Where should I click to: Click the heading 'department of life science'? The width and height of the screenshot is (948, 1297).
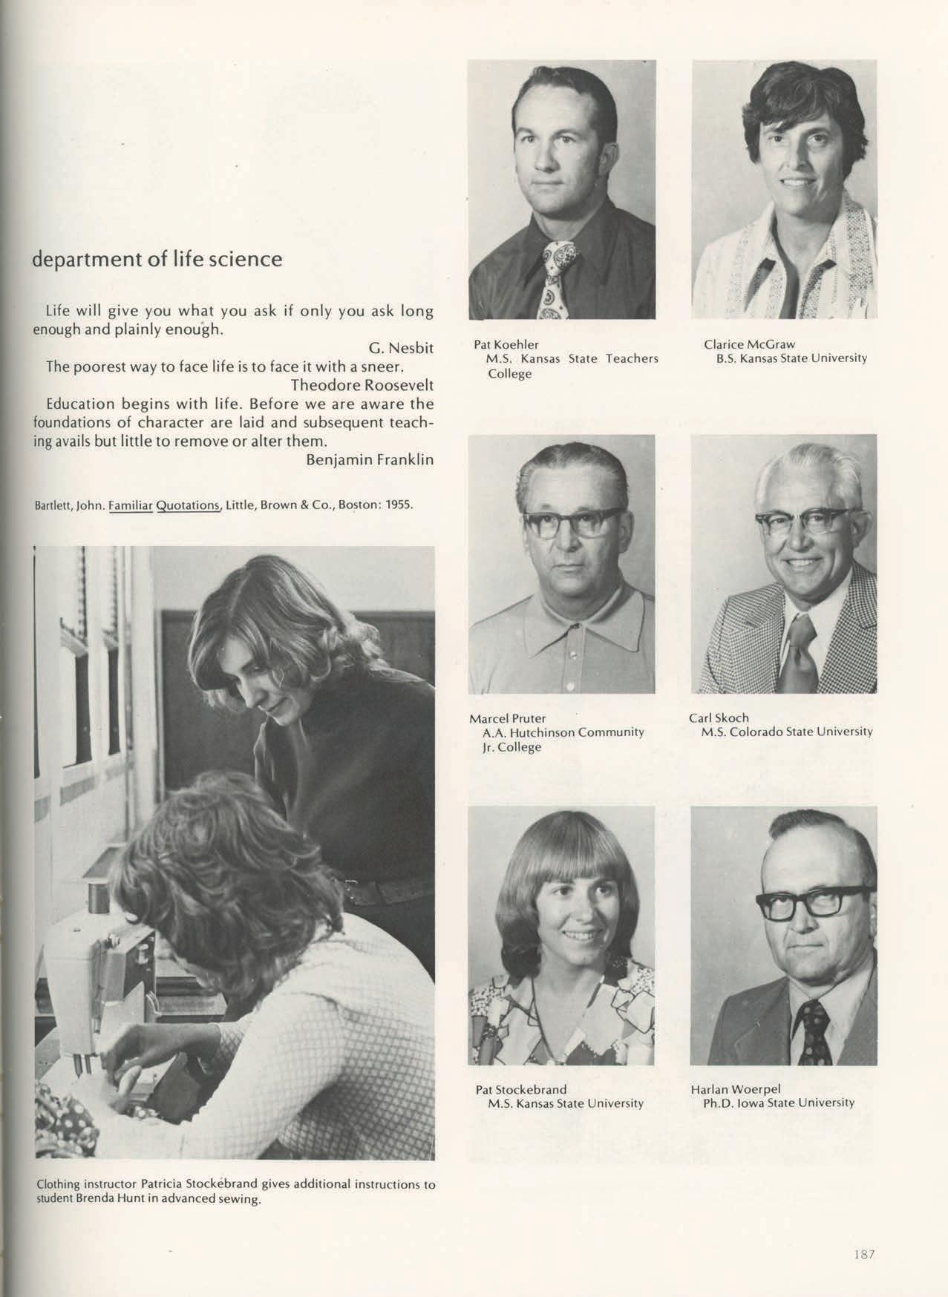pyautogui.click(x=157, y=260)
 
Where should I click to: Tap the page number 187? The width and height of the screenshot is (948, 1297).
pyautogui.click(x=864, y=1254)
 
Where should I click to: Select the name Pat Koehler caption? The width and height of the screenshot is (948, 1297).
pyautogui.click(x=506, y=344)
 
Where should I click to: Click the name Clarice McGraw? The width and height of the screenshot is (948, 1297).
pyautogui.click(x=749, y=344)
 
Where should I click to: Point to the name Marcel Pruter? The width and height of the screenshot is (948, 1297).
pyautogui.click(x=508, y=718)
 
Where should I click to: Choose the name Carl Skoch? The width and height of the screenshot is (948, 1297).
pyautogui.click(x=719, y=718)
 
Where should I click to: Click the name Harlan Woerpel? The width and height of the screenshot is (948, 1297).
pyautogui.click(x=736, y=1089)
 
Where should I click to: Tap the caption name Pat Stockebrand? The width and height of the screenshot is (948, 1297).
pyautogui.click(x=521, y=1089)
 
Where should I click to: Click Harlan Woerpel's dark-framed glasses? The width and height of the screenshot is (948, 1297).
pyautogui.click(x=814, y=902)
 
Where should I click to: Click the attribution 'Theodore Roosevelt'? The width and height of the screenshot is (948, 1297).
pyautogui.click(x=362, y=385)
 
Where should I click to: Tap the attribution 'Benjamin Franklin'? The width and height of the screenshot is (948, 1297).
pyautogui.click(x=370, y=459)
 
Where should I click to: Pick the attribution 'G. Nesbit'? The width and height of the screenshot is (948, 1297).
pyautogui.click(x=401, y=348)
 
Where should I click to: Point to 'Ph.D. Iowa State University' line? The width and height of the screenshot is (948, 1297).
pyautogui.click(x=779, y=1103)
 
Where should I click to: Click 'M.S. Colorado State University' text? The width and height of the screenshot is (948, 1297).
pyautogui.click(x=787, y=732)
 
